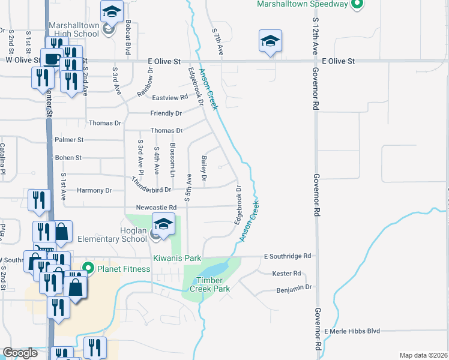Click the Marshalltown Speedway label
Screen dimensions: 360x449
(x=303, y=4)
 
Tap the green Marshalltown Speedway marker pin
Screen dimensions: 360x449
(x=357, y=4)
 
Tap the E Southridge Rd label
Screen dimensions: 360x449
(x=288, y=256)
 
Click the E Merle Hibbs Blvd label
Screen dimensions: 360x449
(x=352, y=331)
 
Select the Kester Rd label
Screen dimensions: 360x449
(x=286, y=274)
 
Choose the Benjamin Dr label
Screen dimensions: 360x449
(x=295, y=287)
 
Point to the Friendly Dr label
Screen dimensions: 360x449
(x=166, y=113)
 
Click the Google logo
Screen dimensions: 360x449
(x=20, y=353)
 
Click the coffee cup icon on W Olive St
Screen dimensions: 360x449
(x=51, y=59)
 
